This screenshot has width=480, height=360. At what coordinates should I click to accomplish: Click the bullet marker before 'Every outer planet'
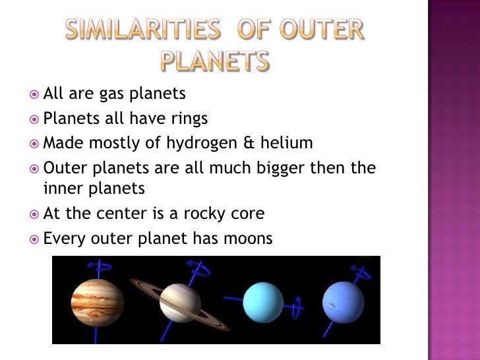click(x=36, y=239)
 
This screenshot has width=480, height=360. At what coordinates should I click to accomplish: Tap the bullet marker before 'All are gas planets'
click(x=36, y=96)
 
